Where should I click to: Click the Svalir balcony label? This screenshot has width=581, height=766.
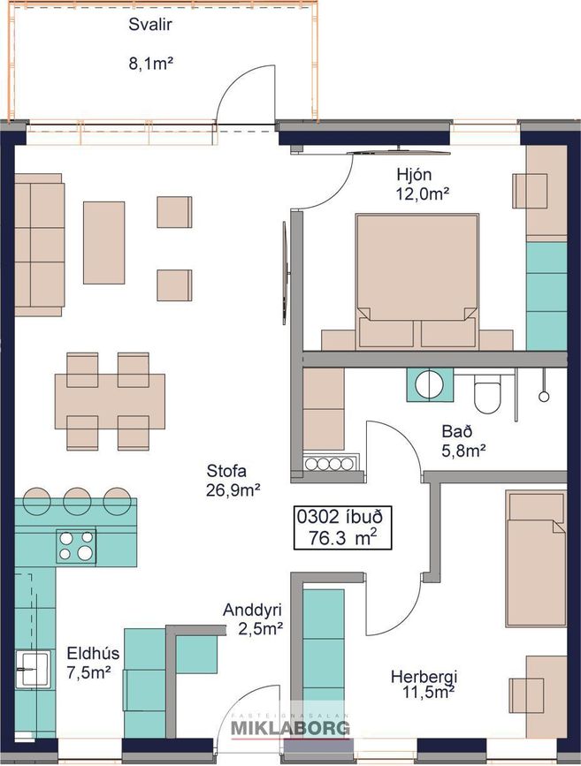pyautogui.click(x=150, y=25)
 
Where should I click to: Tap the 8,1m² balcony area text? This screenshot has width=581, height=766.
pyautogui.click(x=151, y=64)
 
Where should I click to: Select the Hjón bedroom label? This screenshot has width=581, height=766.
pyautogui.click(x=414, y=174)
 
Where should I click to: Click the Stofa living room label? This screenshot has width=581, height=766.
pyautogui.click(x=226, y=472)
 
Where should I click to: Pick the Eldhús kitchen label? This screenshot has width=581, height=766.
pyautogui.click(x=93, y=653)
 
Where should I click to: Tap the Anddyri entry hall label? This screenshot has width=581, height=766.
pyautogui.click(x=252, y=611)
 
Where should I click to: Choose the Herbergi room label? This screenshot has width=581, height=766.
pyautogui.click(x=424, y=677)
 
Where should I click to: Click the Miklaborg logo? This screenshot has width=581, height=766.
pyautogui.click(x=290, y=727)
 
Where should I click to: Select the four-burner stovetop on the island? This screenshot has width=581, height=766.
pyautogui.click(x=76, y=546)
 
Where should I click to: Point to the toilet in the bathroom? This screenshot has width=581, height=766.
pyautogui.click(x=487, y=396)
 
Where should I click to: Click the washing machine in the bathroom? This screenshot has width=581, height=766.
pyautogui.click(x=431, y=384)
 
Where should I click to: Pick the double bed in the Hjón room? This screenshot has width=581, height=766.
pyautogui.click(x=417, y=281)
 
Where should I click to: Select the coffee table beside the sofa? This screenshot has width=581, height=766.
pyautogui.click(x=103, y=242)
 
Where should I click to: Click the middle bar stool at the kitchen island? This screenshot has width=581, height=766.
pyautogui.click(x=77, y=500)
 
